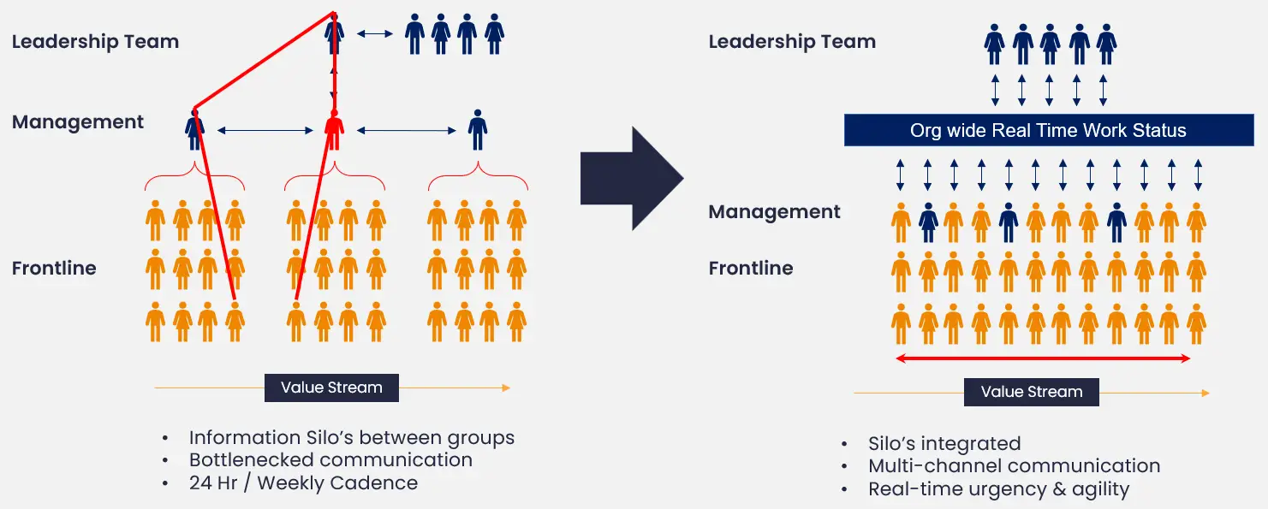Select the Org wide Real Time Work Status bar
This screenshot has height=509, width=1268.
pos(1048,131)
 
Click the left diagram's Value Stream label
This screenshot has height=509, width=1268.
pos(331,388)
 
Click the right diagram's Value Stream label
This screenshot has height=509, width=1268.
pos(1031,392)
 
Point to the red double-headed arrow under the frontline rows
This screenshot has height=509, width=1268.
pos(1043,358)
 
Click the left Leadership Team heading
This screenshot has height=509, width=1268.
pos(95,42)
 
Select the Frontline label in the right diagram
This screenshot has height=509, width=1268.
pos(751,268)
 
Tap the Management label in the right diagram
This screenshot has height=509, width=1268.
pos(774,212)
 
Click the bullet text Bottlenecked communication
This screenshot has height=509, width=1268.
pos(330,459)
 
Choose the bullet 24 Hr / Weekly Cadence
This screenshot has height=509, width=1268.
pos(303,482)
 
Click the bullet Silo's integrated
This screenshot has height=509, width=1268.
pos(944,443)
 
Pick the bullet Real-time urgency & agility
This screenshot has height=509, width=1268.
pos(998,489)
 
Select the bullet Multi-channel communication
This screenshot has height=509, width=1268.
pos(1014,466)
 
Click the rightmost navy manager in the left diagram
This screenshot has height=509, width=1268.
pos(478,130)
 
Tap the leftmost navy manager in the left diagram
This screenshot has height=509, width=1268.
pos(195,131)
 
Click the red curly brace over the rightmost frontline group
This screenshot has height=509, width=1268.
pos(478,181)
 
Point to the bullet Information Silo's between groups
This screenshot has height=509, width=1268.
pos(352,437)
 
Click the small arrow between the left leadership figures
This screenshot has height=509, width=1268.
pos(374,33)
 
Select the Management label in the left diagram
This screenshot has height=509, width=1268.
pos(78,122)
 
